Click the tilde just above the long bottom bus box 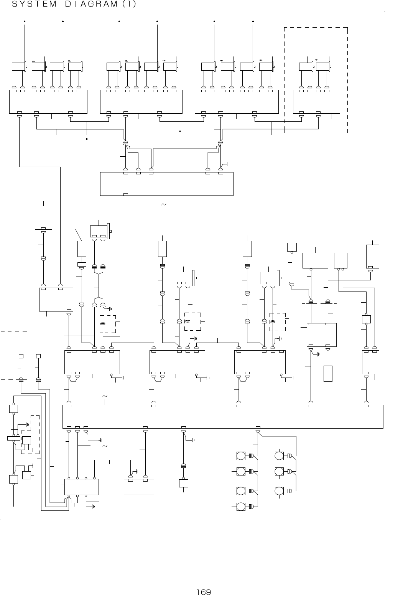pyautogui.click(x=105, y=396)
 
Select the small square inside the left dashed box pyautogui.click(x=21, y=356)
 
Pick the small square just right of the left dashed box pyautogui.click(x=38, y=356)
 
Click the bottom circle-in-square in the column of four pyautogui.click(x=241, y=507)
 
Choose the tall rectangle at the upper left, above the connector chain pyautogui.click(x=43, y=217)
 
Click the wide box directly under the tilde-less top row pyautogui.click(x=166, y=184)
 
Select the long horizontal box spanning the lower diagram pyautogui.click(x=222, y=416)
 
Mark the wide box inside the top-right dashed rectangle pyautogui.click(x=316, y=101)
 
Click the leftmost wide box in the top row pyautogui.click(x=48, y=101)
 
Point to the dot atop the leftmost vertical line pyautogui.click(x=25, y=21)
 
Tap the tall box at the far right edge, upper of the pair pyautogui.click(x=372, y=256)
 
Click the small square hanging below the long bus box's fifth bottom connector pyautogui.click(x=183, y=483)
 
